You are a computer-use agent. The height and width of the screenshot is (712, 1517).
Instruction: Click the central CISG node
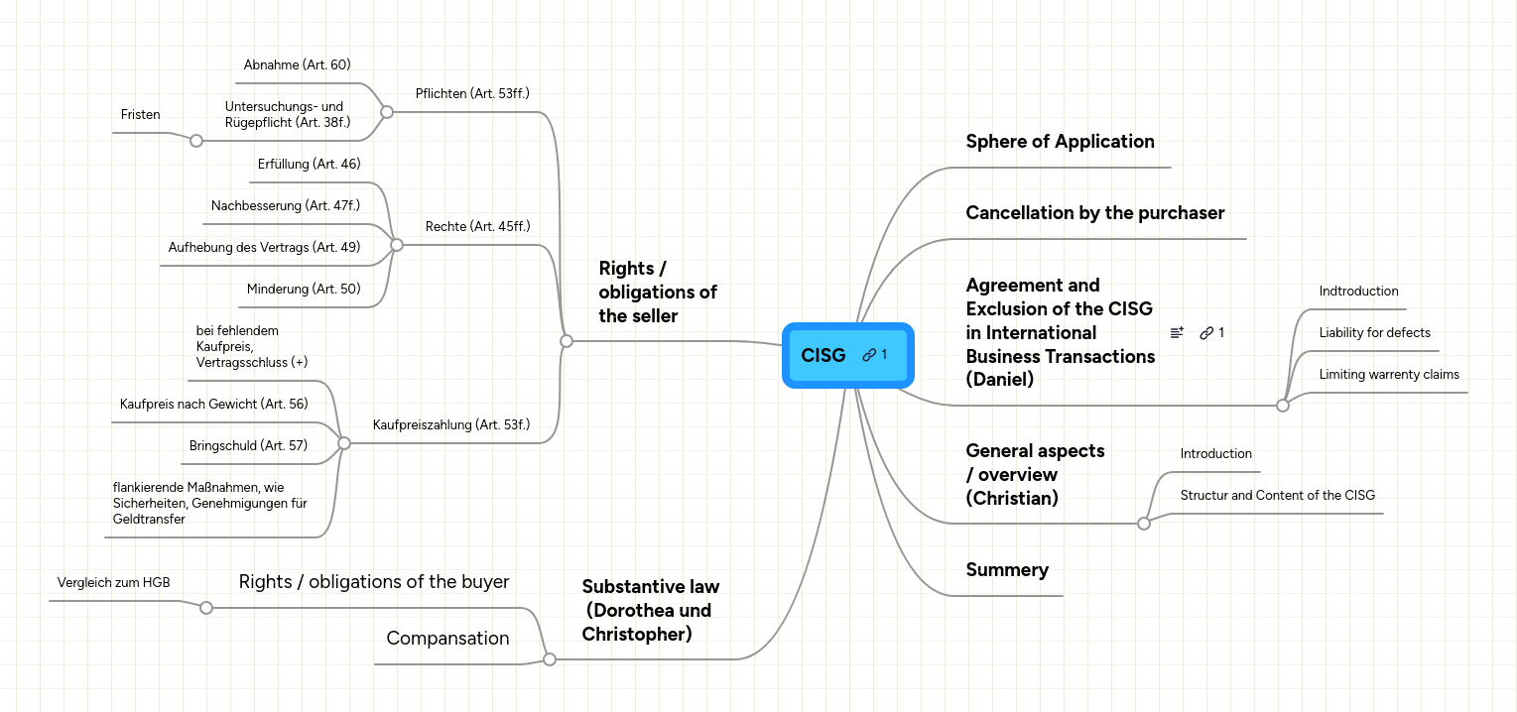[x=823, y=355]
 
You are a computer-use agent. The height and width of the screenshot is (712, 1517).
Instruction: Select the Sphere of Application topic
[x=1060, y=142]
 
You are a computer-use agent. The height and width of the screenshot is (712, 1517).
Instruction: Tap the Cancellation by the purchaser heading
[x=1094, y=213]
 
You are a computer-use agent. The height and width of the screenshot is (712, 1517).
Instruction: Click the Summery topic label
[x=1006, y=570]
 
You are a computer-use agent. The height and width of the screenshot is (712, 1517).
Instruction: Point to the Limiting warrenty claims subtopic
[x=1388, y=375]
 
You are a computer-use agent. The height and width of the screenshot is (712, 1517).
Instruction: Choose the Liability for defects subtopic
[x=1374, y=333]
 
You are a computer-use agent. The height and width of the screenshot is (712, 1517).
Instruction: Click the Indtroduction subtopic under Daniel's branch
[x=1358, y=292]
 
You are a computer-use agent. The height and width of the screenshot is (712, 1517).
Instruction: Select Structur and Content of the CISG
[x=1277, y=496]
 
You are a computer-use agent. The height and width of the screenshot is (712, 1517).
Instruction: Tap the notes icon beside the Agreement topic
[x=1177, y=333]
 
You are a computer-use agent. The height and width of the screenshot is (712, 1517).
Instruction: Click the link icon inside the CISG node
[x=869, y=355]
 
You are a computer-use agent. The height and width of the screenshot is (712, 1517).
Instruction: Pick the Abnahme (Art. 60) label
[x=297, y=65]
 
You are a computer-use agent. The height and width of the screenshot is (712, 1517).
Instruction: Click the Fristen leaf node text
[x=140, y=115]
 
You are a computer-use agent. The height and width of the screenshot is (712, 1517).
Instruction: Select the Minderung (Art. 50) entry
[x=303, y=290]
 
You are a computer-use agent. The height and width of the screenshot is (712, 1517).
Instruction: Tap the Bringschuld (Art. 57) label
[x=248, y=446]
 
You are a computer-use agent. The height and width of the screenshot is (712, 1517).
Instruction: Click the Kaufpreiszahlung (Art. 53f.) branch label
[x=450, y=425]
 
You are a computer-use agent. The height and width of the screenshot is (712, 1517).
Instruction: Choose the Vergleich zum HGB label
[x=113, y=583]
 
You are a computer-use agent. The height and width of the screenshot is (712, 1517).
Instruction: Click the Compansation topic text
[x=447, y=639]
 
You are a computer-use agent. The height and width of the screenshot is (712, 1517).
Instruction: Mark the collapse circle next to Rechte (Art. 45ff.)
[x=396, y=244]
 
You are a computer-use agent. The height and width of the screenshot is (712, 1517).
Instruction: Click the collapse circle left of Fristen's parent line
[x=196, y=141]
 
